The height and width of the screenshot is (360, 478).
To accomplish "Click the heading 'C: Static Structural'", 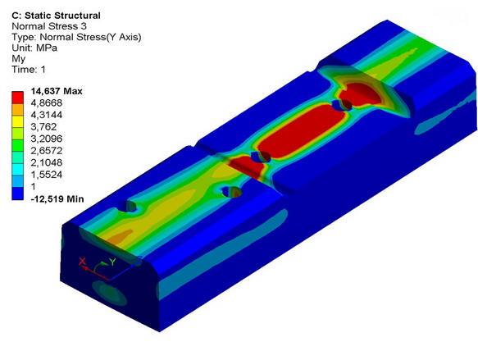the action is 56,16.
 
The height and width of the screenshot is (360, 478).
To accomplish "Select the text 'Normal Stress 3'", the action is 49,26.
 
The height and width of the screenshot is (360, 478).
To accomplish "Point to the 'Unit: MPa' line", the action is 34,48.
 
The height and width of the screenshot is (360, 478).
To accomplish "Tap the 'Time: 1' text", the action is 29,70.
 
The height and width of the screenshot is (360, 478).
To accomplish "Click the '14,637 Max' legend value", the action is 57,91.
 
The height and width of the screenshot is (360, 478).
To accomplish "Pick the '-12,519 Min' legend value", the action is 57,199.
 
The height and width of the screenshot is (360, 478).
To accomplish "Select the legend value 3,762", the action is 43,127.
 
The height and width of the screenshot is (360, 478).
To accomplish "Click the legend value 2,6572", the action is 47,151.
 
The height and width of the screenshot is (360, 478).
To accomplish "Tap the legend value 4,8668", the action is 47,103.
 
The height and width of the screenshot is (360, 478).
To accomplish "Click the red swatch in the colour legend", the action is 18,98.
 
